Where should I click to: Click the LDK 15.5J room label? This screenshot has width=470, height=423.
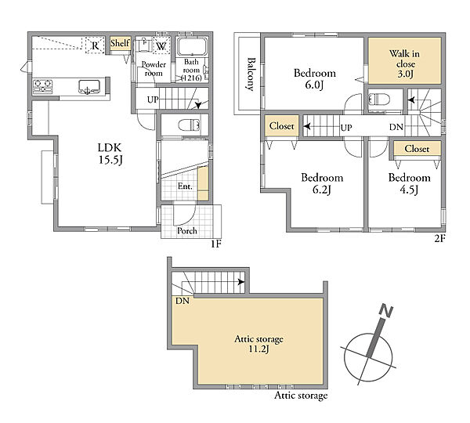tap(110, 154)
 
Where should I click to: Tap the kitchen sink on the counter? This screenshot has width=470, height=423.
tap(89, 87)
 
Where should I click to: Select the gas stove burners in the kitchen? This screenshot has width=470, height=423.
tap(42, 86)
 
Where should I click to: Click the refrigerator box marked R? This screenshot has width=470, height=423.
tap(95, 45)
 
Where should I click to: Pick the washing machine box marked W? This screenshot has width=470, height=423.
tap(161, 46)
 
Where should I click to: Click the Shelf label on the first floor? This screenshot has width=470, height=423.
tap(120, 43)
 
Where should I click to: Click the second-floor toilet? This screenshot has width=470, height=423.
tap(379, 99)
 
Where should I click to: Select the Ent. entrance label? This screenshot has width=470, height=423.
tap(185, 186)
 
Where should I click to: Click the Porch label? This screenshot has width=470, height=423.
tap(187, 231)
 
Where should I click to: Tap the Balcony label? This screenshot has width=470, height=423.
tap(251, 74)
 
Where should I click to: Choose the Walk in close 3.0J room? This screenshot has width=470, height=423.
tap(404, 60)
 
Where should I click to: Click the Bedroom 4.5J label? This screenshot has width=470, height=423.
tap(409, 183)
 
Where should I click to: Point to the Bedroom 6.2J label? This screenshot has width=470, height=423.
tap(322, 183)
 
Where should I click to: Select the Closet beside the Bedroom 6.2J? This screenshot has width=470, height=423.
tap(282, 126)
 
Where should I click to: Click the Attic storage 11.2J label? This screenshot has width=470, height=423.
tap(258, 344)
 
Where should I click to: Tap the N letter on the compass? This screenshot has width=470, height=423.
tap(386, 311)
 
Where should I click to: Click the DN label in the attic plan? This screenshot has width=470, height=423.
tap(183, 301)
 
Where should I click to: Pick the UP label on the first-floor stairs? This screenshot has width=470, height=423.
tap(153, 99)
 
